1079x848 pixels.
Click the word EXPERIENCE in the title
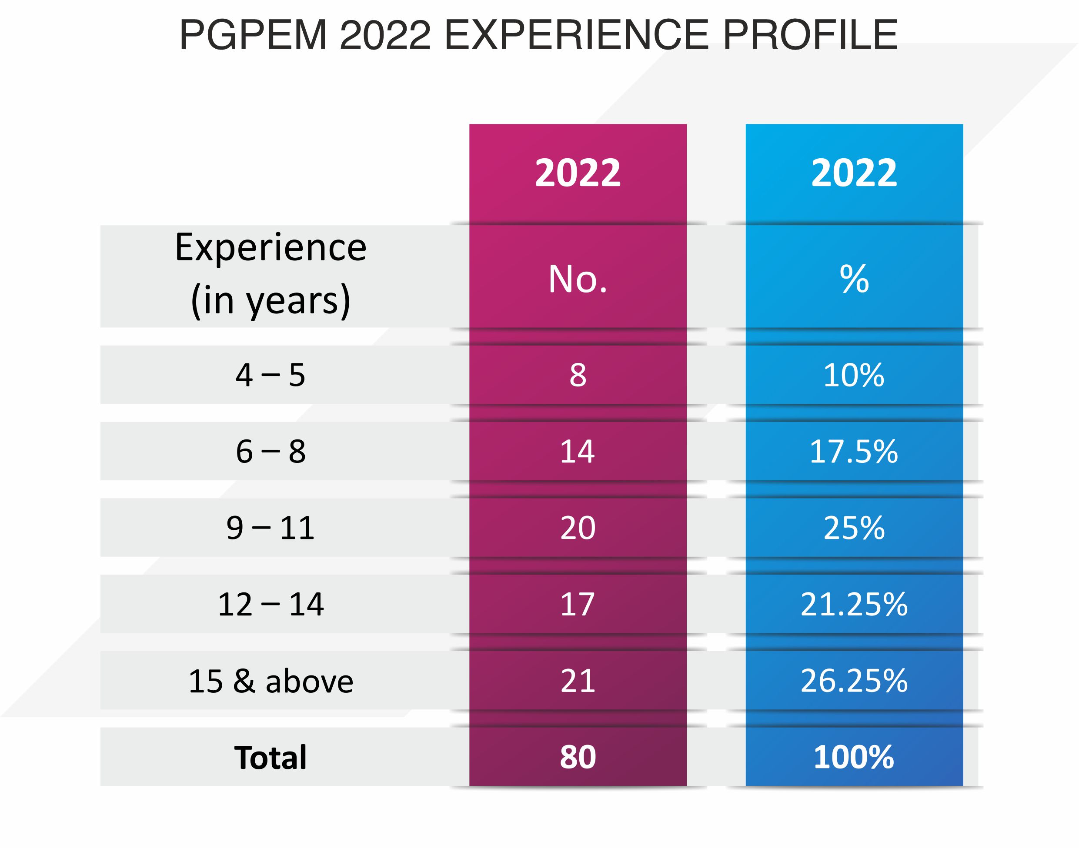pos(576,35)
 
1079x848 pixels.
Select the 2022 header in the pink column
pos(577,173)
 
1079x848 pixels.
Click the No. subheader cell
pos(577,279)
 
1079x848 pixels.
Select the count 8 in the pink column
pos(577,375)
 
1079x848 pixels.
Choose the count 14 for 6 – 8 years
pos(577,451)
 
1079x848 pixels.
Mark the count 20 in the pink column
pos(577,527)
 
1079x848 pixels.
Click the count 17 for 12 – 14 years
pos(577,604)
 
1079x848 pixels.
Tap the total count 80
pos(577,757)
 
